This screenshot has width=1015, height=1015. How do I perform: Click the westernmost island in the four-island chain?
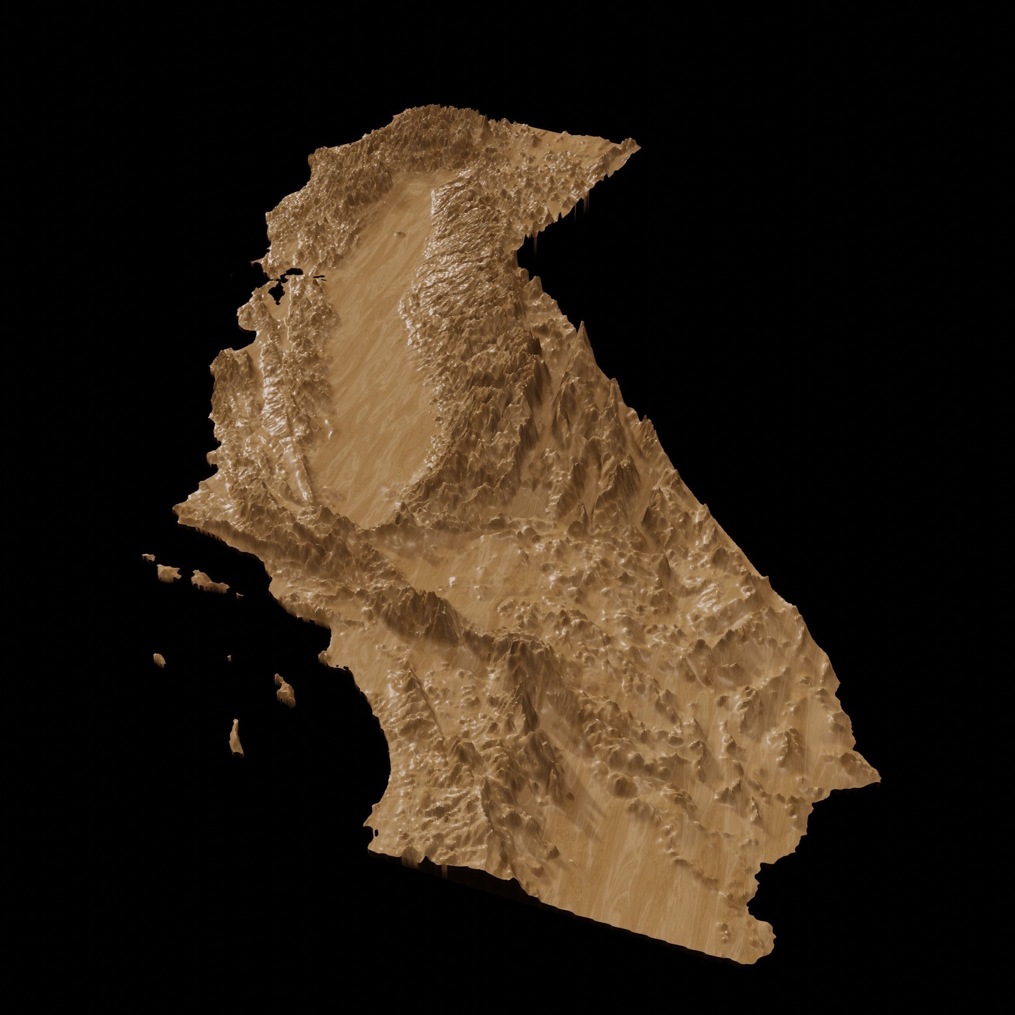click(149, 556)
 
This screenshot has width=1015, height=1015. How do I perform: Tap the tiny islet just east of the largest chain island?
click(239, 595)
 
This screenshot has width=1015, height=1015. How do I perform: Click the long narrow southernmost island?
click(236, 736)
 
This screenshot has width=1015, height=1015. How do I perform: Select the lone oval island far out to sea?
click(159, 658)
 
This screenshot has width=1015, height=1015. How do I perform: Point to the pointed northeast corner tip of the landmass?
click(638, 143)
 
